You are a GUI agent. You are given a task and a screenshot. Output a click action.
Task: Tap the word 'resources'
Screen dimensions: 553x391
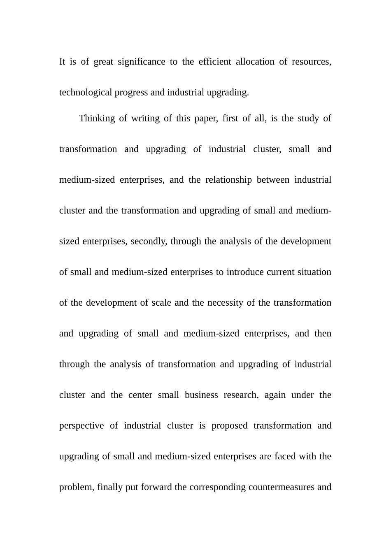point(311,62)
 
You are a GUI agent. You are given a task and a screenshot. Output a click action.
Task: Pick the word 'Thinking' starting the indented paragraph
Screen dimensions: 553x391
point(97,118)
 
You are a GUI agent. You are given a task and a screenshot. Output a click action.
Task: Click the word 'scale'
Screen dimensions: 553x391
point(161,303)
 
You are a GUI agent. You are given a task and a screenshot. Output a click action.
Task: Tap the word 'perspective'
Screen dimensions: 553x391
point(81,426)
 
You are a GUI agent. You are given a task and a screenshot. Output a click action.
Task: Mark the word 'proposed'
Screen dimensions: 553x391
point(229,426)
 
